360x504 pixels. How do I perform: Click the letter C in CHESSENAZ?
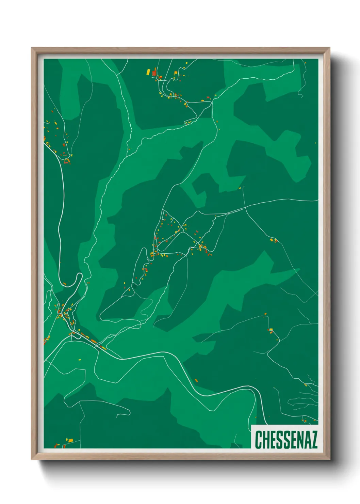pyautogui.click(x=259, y=440)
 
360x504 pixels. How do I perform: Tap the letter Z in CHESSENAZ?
pyautogui.click(x=313, y=440)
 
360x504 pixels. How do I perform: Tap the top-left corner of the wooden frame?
pyautogui.click(x=32, y=48)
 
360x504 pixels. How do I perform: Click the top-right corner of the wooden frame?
pyautogui.click(x=329, y=48)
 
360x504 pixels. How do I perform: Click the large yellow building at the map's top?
pyautogui.click(x=148, y=72)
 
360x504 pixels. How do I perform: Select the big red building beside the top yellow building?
pyautogui.click(x=154, y=72)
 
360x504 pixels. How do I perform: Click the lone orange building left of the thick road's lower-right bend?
pyautogui.click(x=196, y=380)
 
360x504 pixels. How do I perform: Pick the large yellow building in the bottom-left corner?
pyautogui.click(x=70, y=440)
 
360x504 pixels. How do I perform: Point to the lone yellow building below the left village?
pyautogui.click(x=80, y=360)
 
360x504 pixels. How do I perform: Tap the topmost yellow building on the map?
pyautogui.click(x=186, y=63)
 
